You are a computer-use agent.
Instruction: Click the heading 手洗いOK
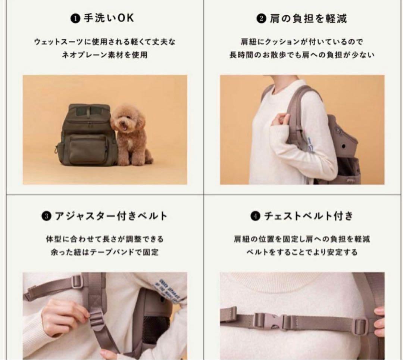click(108, 18)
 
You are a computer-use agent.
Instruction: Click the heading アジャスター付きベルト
click(110, 216)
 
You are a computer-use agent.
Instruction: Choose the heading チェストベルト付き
click(308, 216)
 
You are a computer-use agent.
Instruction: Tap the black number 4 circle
click(255, 216)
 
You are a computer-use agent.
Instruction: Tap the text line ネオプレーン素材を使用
click(105, 55)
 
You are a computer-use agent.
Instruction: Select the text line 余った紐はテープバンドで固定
click(105, 252)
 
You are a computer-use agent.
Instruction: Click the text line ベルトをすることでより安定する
click(302, 252)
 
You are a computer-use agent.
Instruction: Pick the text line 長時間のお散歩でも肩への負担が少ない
click(302, 55)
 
